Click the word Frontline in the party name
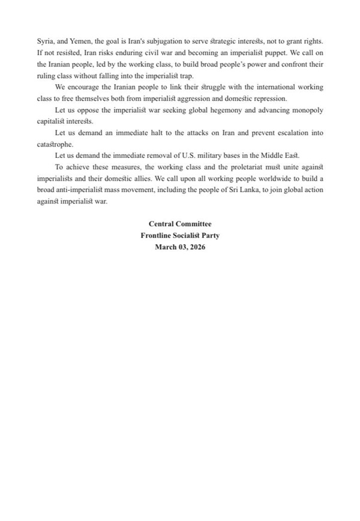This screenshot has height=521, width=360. point(158,235)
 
